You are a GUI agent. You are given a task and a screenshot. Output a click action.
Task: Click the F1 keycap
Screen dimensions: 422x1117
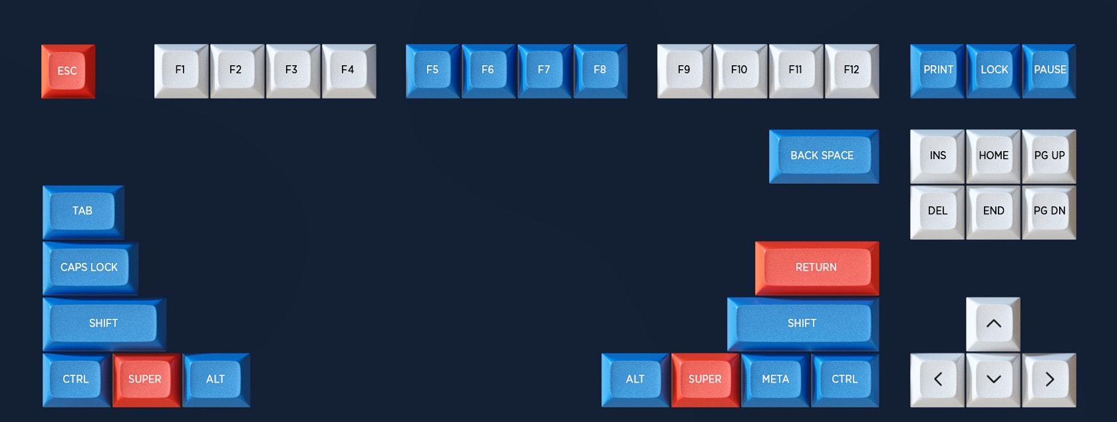180,70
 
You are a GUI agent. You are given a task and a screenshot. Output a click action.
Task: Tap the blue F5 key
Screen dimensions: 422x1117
432,70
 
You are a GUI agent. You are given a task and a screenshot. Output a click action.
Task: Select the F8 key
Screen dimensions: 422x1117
600,70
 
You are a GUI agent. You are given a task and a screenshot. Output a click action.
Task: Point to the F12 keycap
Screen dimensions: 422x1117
852,70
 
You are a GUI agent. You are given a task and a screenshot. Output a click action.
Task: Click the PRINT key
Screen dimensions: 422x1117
937,70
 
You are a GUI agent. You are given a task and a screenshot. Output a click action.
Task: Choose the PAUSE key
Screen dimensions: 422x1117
1049,70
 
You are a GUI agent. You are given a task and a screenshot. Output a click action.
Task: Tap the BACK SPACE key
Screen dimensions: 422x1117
823,156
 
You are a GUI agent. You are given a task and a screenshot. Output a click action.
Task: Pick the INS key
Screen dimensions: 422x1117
937,156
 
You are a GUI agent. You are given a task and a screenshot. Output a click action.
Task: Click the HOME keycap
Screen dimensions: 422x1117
993,156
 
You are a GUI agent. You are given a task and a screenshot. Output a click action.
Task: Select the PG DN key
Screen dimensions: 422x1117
1049,211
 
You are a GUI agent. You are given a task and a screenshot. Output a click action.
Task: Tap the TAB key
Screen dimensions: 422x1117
82,211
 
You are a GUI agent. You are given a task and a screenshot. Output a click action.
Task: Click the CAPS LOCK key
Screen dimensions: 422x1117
89,268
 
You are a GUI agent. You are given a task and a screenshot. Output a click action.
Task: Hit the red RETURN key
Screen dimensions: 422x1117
816,268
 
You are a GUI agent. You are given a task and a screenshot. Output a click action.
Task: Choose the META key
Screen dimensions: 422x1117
775,379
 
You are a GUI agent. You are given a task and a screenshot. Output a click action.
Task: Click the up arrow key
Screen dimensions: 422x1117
993,323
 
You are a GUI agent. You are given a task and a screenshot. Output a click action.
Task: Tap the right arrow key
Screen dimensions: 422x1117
1049,379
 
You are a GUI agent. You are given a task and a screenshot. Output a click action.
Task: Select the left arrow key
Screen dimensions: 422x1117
937,379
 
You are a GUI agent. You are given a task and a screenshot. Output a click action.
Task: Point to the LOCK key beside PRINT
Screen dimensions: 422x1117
993,70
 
